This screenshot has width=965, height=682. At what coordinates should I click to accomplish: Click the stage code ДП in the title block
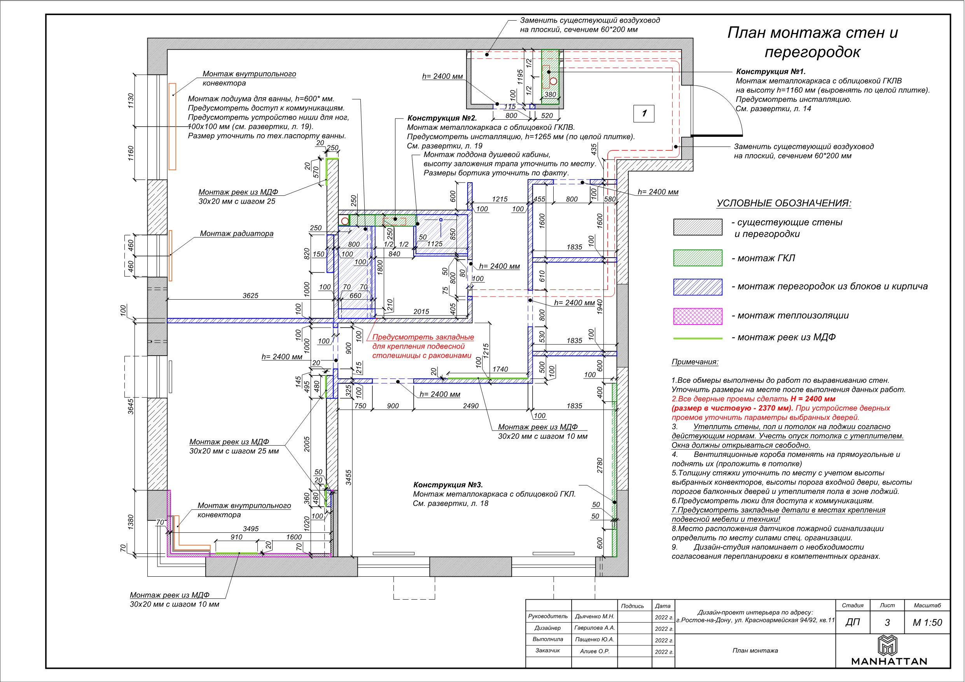(852, 622)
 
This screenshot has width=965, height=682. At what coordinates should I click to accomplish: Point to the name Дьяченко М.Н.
(594, 617)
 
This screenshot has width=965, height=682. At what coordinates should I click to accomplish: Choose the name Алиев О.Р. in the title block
(594, 651)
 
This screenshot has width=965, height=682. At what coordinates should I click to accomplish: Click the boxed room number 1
(644, 113)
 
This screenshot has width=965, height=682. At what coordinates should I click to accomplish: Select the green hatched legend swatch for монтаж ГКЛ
(698, 258)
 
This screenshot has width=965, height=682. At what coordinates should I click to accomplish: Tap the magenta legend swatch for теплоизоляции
(698, 316)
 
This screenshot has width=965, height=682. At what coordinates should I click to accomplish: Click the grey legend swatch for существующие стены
(698, 227)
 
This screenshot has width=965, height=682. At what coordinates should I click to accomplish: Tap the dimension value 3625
(250, 296)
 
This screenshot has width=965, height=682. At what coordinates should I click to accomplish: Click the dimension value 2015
(421, 311)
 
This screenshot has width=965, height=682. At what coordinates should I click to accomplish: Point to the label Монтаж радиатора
(237, 234)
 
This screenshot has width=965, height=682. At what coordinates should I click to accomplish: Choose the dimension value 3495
(250, 529)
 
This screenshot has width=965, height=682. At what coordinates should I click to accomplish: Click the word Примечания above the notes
(695, 362)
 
